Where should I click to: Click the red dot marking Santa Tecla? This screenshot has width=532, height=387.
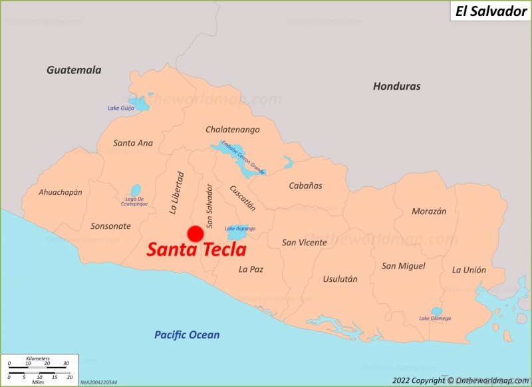[195, 234]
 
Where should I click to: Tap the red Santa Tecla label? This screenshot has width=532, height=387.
[196, 250]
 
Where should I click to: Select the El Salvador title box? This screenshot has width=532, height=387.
[491, 11]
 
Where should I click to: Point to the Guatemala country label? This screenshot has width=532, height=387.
[74, 70]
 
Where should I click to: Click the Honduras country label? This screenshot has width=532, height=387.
[396, 86]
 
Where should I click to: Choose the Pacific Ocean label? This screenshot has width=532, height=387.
[187, 335]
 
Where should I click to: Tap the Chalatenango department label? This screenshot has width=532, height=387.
[232, 129]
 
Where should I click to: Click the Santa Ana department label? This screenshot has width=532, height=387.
[133, 143]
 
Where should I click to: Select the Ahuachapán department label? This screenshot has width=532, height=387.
[61, 192]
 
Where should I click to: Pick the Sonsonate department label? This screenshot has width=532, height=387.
[110, 226]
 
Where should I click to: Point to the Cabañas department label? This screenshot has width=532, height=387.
[305, 186]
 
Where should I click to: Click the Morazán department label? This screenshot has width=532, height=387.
[429, 211]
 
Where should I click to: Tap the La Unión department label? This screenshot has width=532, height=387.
[469, 270]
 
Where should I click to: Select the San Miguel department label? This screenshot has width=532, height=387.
[403, 266]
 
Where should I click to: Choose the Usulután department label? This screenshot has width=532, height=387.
[340, 279]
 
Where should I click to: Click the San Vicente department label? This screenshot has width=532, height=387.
[305, 243]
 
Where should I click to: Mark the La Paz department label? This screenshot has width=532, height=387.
[251, 269]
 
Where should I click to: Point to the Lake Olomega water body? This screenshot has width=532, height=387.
[436, 311]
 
